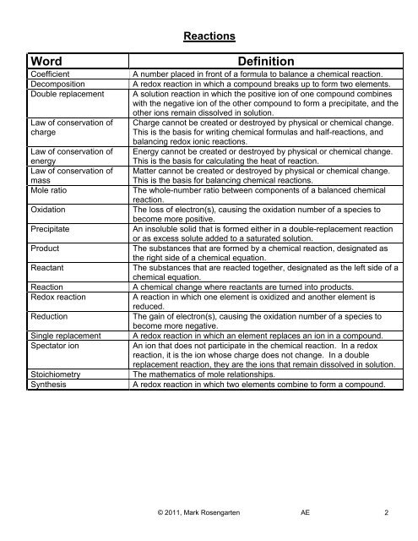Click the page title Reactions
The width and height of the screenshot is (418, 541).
209,37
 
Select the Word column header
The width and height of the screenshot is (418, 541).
52,63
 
